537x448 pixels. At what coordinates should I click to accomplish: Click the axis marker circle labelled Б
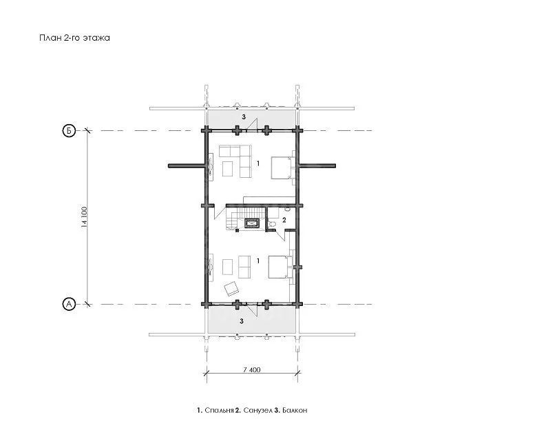[69, 131]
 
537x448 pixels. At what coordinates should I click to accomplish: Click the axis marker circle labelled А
[69, 304]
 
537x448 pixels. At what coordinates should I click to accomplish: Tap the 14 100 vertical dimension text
[84, 217]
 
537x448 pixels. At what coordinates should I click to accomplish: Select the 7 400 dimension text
[252, 370]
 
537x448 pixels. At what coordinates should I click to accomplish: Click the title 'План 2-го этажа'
[74, 38]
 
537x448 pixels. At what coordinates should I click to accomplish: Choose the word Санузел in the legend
[258, 410]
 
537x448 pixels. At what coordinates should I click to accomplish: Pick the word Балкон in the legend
[295, 410]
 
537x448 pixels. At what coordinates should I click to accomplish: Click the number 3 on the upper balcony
[244, 117]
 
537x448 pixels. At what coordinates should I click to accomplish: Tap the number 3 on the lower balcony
[242, 321]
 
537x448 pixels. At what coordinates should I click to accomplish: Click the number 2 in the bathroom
[284, 221]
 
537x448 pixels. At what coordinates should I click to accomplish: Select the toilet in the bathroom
[272, 224]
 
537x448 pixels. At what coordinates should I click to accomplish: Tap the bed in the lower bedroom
[280, 267]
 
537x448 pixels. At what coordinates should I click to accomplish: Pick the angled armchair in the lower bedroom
[231, 289]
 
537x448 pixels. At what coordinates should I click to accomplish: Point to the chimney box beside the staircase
[252, 223]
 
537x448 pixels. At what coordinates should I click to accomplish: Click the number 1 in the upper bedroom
[258, 163]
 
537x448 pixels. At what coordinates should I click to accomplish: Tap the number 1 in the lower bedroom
[258, 261]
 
